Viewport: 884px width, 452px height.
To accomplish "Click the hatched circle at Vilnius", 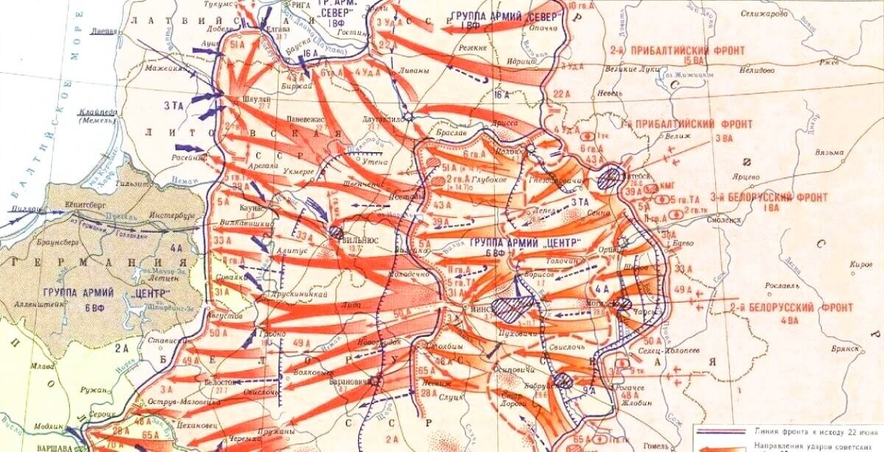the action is pyautogui.click(x=336, y=232).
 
